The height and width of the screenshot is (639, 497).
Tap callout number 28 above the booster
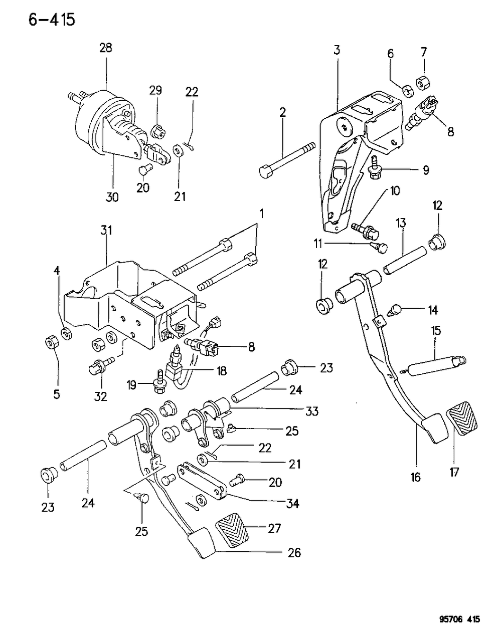pyautogui.click(x=105, y=48)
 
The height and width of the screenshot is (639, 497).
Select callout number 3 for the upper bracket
pyautogui.click(x=337, y=50)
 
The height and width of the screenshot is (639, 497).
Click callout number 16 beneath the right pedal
pyautogui.click(x=415, y=477)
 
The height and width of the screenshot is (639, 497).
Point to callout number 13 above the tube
pyautogui.click(x=401, y=223)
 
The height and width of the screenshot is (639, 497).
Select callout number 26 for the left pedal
pyautogui.click(x=294, y=552)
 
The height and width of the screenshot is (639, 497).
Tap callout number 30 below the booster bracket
pyautogui.click(x=112, y=197)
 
